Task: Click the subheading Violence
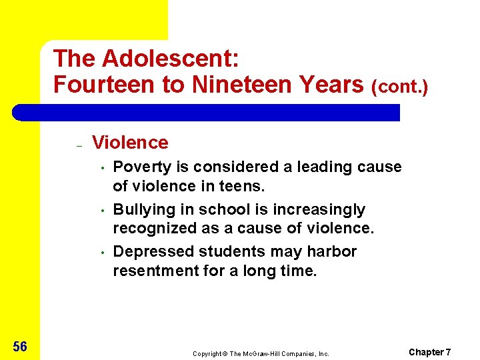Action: pyautogui.click(x=130, y=142)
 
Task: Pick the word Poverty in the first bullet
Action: pyautogui.click(x=139, y=167)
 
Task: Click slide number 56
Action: pyautogui.click(x=19, y=346)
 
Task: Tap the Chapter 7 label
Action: pyautogui.click(x=430, y=351)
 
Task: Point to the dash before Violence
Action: pyautogui.click(x=78, y=145)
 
